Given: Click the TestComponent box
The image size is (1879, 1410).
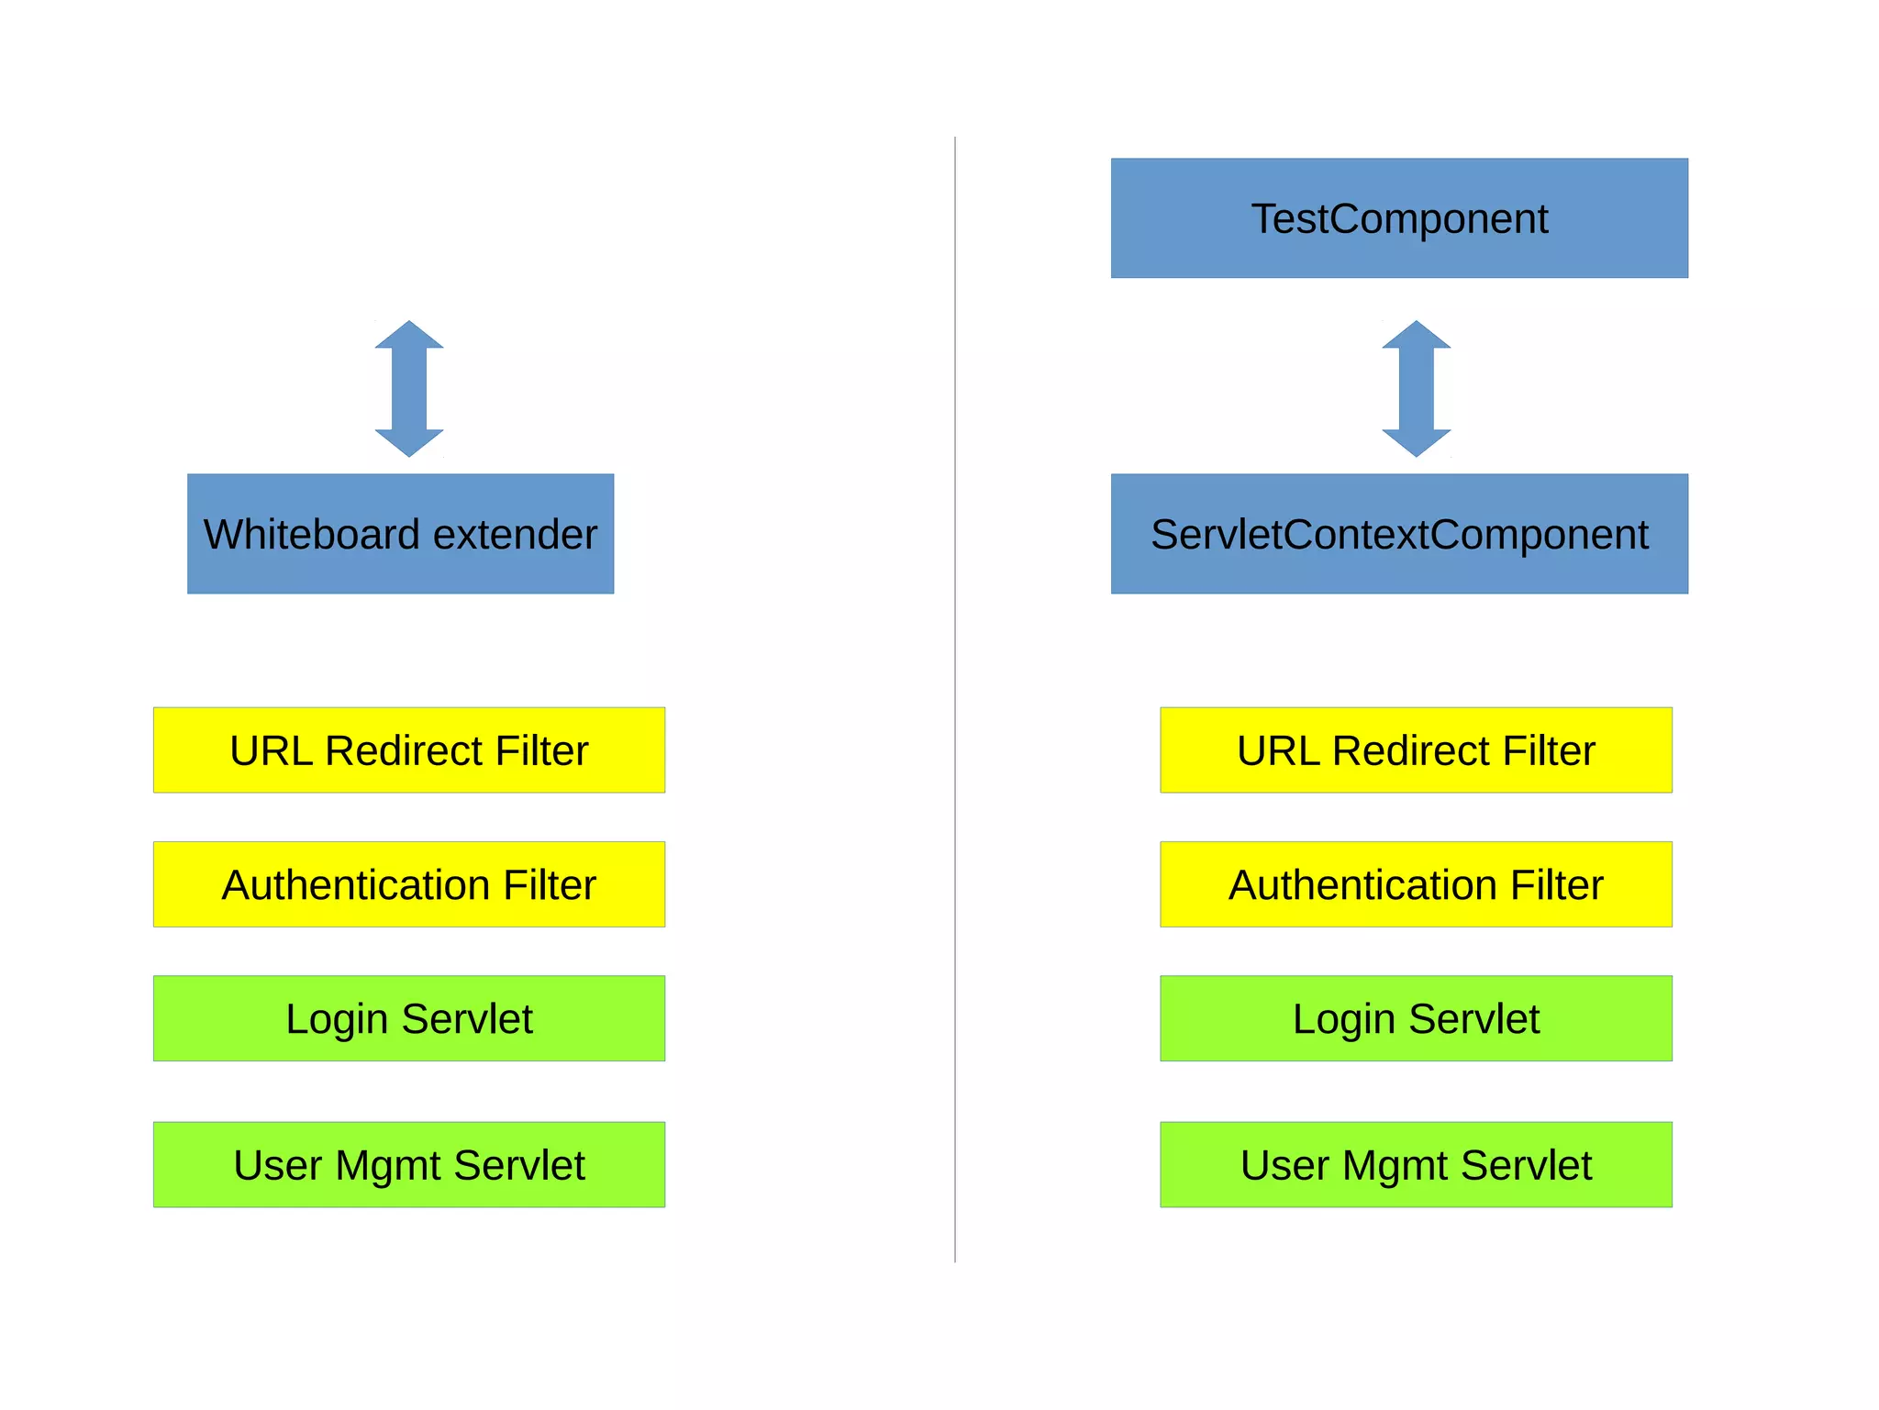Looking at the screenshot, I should (1398, 218).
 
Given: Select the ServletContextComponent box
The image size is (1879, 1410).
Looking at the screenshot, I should (1398, 534).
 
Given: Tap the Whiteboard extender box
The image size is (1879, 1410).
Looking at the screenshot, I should (400, 534).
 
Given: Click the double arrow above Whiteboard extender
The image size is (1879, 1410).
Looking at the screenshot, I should (409, 389).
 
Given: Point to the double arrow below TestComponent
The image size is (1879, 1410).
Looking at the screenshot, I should (1416, 389).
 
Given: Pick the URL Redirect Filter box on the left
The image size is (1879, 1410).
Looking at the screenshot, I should (409, 750).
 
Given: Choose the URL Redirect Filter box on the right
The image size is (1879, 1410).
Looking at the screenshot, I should (1416, 750).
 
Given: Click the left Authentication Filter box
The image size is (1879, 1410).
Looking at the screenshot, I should (409, 884).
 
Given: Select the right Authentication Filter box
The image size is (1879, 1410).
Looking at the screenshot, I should (1416, 884).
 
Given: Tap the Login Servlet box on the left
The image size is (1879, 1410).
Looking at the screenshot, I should (409, 1018).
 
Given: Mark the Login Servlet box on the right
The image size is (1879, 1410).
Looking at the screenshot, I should (1416, 1018).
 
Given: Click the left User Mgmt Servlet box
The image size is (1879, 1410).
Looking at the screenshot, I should (409, 1165).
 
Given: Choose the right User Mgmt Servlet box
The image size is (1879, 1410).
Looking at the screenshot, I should (1416, 1165).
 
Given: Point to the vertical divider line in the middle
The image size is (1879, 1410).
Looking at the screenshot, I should (955, 697).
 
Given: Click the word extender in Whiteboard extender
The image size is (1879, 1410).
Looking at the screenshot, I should (515, 535).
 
